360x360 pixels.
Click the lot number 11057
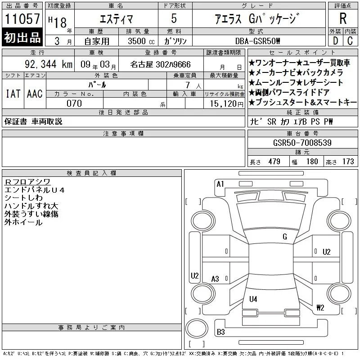22,19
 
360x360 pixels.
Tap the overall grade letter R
343,18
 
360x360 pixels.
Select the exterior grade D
335,41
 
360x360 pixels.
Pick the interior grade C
350,41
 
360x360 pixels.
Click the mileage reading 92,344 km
49,64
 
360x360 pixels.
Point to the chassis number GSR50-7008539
302,143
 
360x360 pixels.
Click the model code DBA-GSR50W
257,41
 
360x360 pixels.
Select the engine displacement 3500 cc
141,41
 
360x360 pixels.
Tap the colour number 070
74,103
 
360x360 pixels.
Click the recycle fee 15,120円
227,104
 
